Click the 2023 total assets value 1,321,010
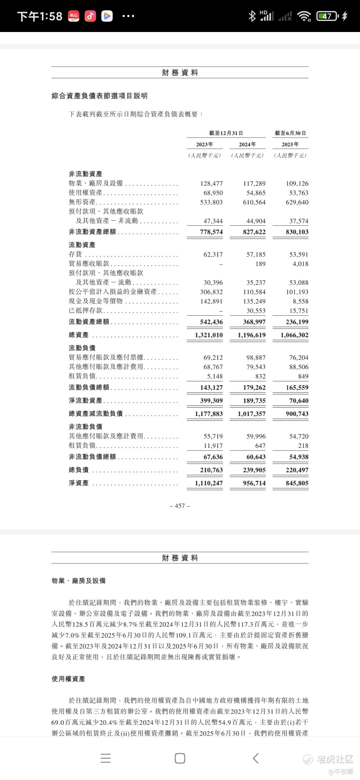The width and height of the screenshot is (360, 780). (209, 335)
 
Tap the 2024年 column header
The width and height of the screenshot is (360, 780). (247, 144)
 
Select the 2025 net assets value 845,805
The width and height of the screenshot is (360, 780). (297, 483)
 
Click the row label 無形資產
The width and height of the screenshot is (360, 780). (82, 202)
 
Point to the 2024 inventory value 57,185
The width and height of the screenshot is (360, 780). (256, 254)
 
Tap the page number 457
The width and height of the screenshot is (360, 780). (180, 506)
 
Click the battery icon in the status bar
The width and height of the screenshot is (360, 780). (327, 16)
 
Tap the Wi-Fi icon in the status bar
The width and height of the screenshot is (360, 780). (304, 16)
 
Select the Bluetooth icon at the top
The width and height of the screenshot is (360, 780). (252, 16)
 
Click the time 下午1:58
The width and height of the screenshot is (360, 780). (40, 16)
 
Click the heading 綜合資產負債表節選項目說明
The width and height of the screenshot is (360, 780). (100, 96)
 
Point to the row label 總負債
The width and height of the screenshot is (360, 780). (79, 470)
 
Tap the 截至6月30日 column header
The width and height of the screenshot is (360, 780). (290, 133)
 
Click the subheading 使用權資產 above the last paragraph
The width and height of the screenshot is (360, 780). (68, 679)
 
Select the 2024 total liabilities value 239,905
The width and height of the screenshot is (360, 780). (254, 470)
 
